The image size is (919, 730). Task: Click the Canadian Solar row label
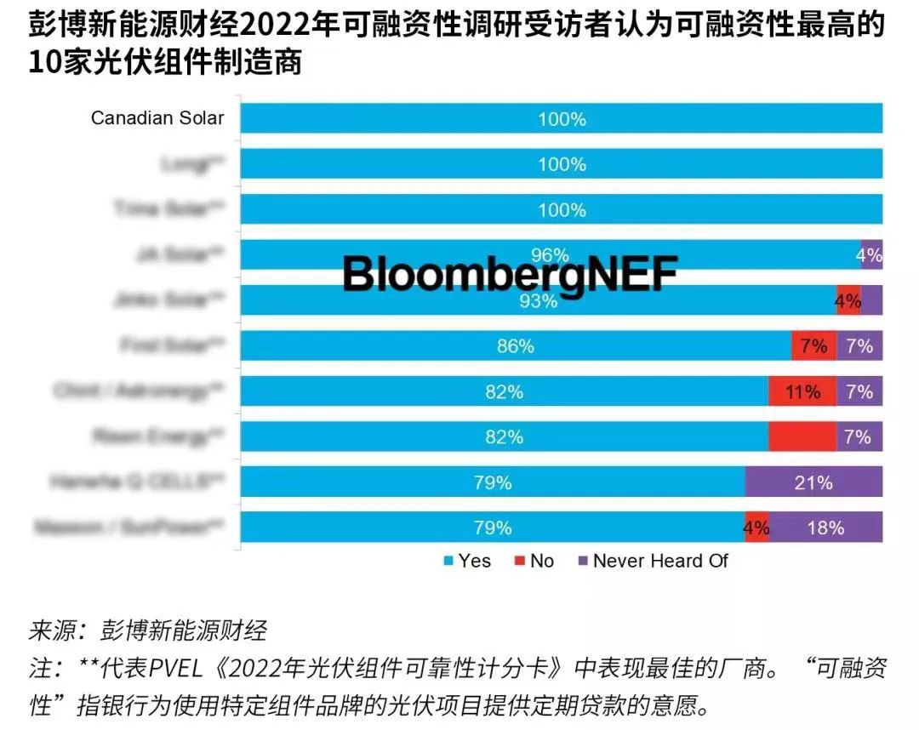157,118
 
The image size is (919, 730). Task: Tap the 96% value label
550,255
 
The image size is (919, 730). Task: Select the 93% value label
539,300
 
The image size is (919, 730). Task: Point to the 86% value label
516,346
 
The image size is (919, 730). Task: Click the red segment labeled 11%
802,391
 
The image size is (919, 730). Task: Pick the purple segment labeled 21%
813,482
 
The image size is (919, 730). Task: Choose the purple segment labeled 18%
825,528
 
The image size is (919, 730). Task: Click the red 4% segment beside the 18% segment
756,528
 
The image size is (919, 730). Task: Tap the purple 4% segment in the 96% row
871,255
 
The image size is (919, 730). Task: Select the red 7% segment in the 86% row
813,346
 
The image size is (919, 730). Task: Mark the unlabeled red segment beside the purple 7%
802,436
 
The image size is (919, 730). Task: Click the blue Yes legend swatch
448,561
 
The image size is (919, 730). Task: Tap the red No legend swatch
519,561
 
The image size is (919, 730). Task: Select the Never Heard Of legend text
660,561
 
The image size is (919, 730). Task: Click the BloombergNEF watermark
510,275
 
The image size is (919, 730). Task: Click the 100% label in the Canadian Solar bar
562,119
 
